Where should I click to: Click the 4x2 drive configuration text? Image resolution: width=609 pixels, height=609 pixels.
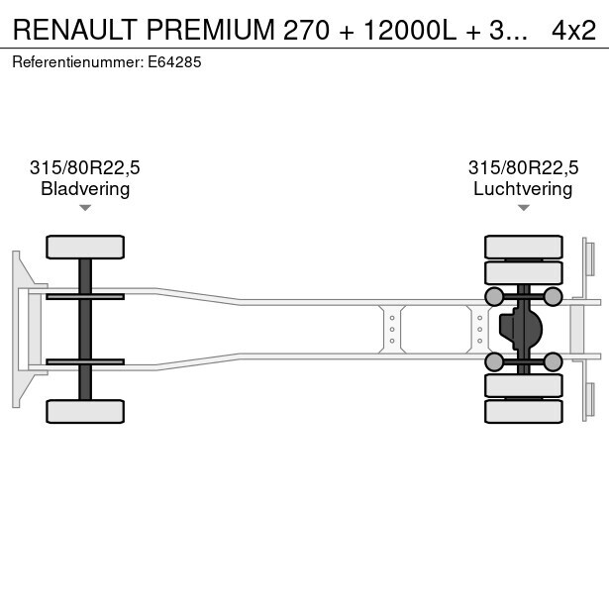point(573,30)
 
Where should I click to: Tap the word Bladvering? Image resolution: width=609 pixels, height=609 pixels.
point(85,188)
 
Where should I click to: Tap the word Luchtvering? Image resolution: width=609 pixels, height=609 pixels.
point(523,188)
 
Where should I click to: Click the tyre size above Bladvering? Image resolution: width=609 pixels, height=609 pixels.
point(85,167)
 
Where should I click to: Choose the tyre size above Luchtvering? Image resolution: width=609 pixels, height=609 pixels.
point(523,167)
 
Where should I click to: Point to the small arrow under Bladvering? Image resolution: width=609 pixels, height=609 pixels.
point(85,207)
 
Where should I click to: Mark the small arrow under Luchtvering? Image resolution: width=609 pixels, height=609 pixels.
point(523,207)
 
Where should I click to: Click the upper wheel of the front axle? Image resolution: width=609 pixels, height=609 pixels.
point(85,247)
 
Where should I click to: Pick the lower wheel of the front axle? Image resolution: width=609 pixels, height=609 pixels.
point(85,411)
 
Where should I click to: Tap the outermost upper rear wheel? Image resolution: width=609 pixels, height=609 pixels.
point(523,247)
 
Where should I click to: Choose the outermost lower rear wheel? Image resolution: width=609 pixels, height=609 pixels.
point(523,412)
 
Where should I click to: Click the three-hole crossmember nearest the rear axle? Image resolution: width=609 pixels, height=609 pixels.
point(479,329)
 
